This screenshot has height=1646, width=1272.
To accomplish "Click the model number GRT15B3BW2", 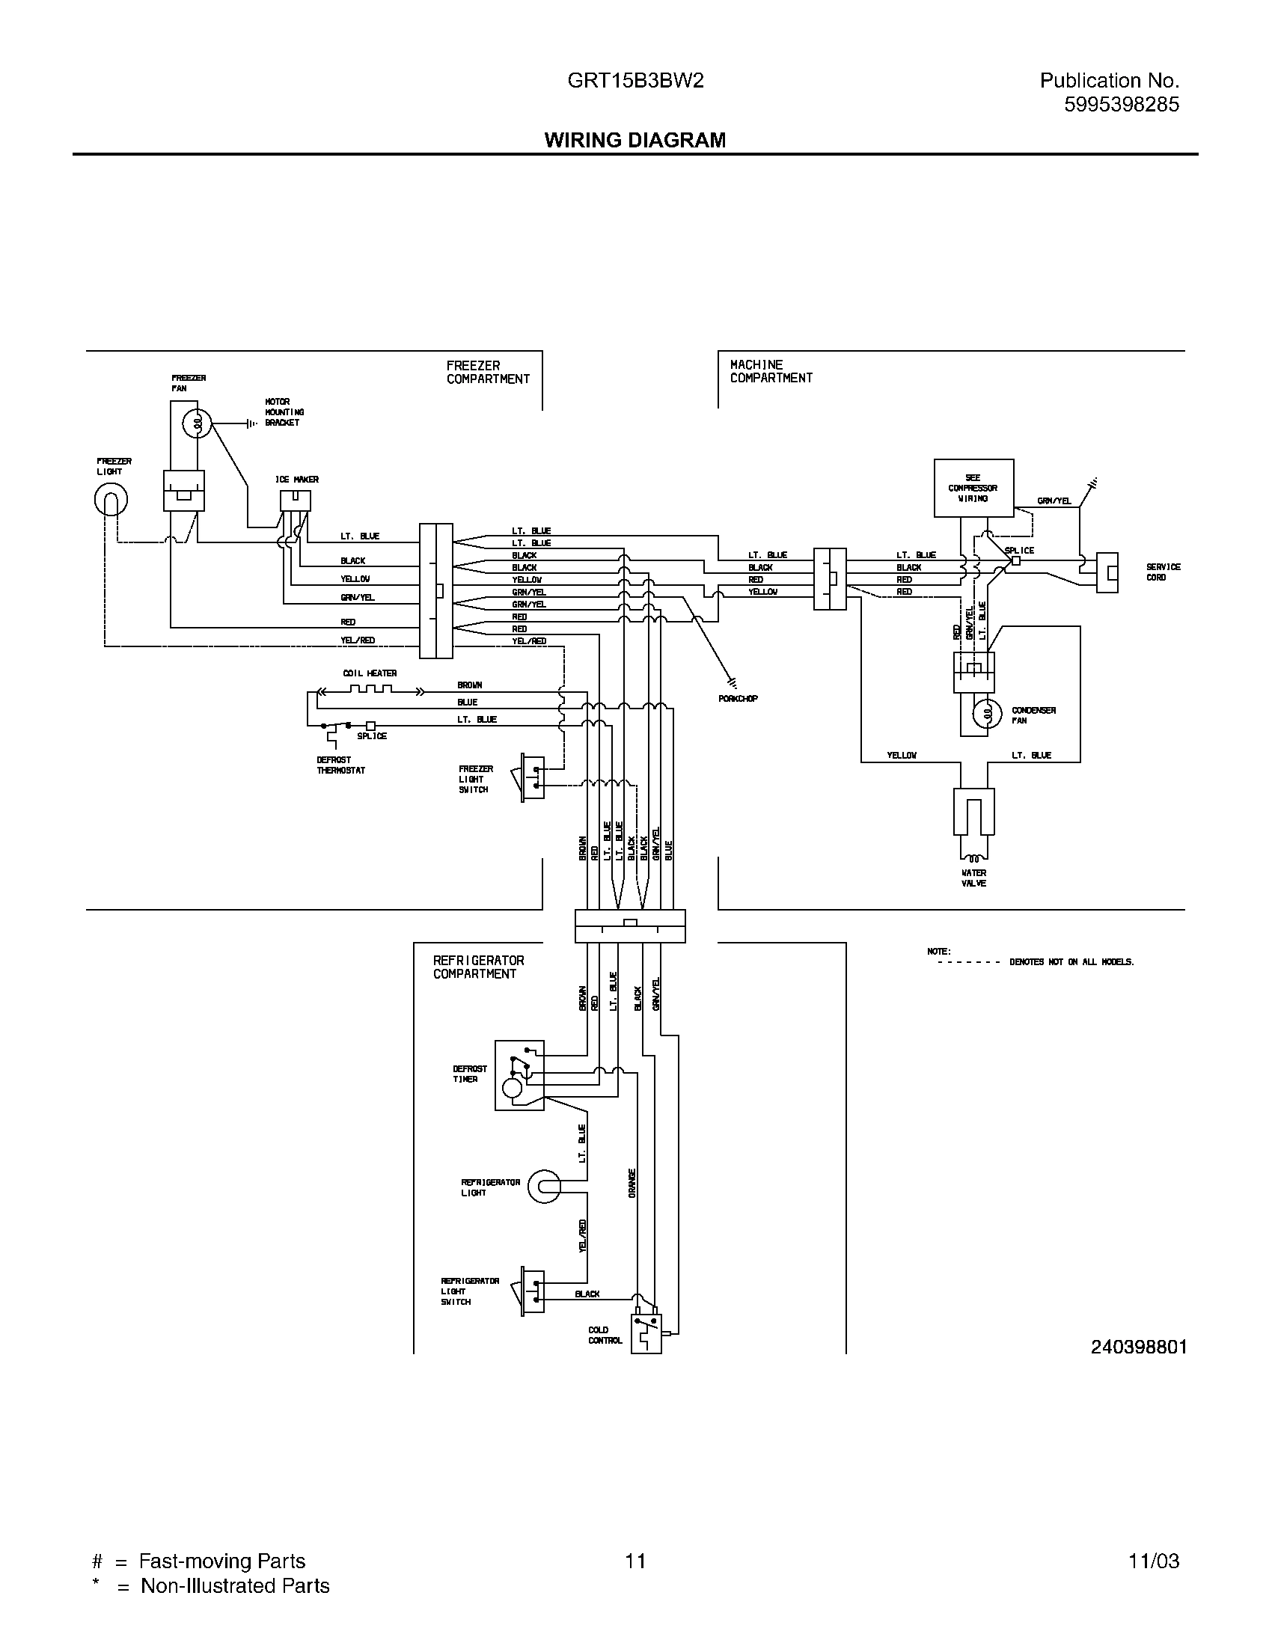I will [x=635, y=81].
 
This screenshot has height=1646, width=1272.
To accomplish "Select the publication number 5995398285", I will [x=1121, y=105].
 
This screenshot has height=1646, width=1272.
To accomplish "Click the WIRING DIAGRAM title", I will [x=635, y=140].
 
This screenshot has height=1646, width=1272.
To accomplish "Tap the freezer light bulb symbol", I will [x=111, y=499].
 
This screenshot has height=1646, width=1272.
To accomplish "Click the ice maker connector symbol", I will [x=295, y=501].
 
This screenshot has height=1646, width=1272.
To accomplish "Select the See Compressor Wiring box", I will [x=973, y=488].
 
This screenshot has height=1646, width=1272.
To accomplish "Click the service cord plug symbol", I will [x=1106, y=573].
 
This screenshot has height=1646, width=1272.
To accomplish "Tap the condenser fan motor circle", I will [x=985, y=713].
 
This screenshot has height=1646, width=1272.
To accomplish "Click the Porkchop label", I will [x=738, y=699].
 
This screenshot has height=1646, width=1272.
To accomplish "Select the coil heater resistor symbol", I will [x=369, y=689].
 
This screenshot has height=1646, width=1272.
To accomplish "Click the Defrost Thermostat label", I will [x=340, y=765].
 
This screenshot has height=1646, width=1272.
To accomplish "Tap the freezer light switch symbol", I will [x=532, y=777].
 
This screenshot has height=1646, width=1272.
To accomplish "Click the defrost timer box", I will [x=519, y=1075].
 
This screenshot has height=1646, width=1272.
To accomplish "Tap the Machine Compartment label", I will [x=770, y=371].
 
